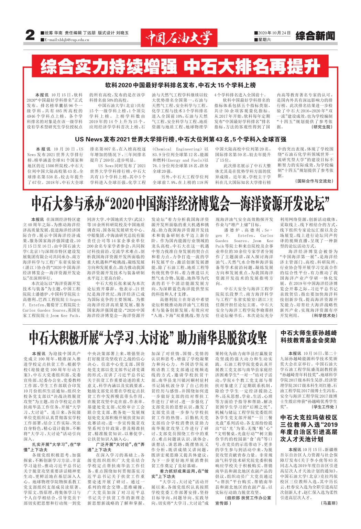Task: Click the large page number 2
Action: [31, 35]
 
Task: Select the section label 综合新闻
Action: [315, 35]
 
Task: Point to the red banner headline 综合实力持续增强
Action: [107, 67]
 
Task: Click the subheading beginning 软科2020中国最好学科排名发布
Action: [180, 85]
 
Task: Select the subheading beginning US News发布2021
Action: [180, 140]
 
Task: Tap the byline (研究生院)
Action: [322, 127]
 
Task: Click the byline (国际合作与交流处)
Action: [314, 181]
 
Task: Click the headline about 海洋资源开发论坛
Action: [178, 204]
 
